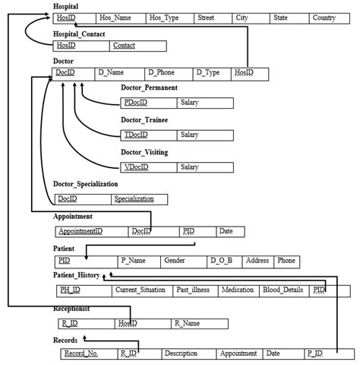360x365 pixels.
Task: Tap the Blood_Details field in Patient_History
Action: pyautogui.click(x=283, y=290)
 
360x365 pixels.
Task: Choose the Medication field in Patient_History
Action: pyautogui.click(x=238, y=290)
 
